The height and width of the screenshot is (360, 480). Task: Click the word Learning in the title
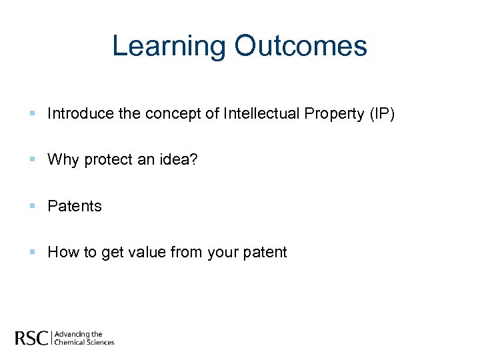click(169, 46)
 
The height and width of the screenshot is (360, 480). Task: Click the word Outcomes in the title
click(301, 46)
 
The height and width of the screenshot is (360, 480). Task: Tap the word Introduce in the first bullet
click(80, 114)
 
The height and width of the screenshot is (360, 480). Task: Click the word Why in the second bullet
click(63, 160)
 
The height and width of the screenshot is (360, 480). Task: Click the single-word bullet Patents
click(75, 206)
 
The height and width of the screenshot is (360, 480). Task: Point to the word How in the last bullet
click(63, 252)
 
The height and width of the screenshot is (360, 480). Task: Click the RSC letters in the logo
click(31, 338)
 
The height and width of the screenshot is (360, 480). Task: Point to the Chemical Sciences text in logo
click(84, 342)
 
